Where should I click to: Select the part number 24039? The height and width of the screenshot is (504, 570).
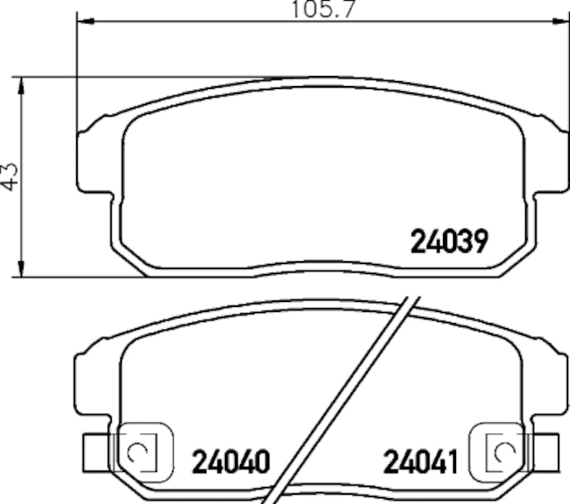pyautogui.click(x=449, y=243)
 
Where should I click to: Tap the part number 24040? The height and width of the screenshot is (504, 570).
pyautogui.click(x=230, y=463)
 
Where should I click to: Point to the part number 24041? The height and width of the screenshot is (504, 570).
pyautogui.click(x=420, y=463)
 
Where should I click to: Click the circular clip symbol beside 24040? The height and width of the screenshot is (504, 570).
pyautogui.click(x=137, y=451)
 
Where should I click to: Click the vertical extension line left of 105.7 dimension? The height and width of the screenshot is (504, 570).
pyautogui.click(x=75, y=71)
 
